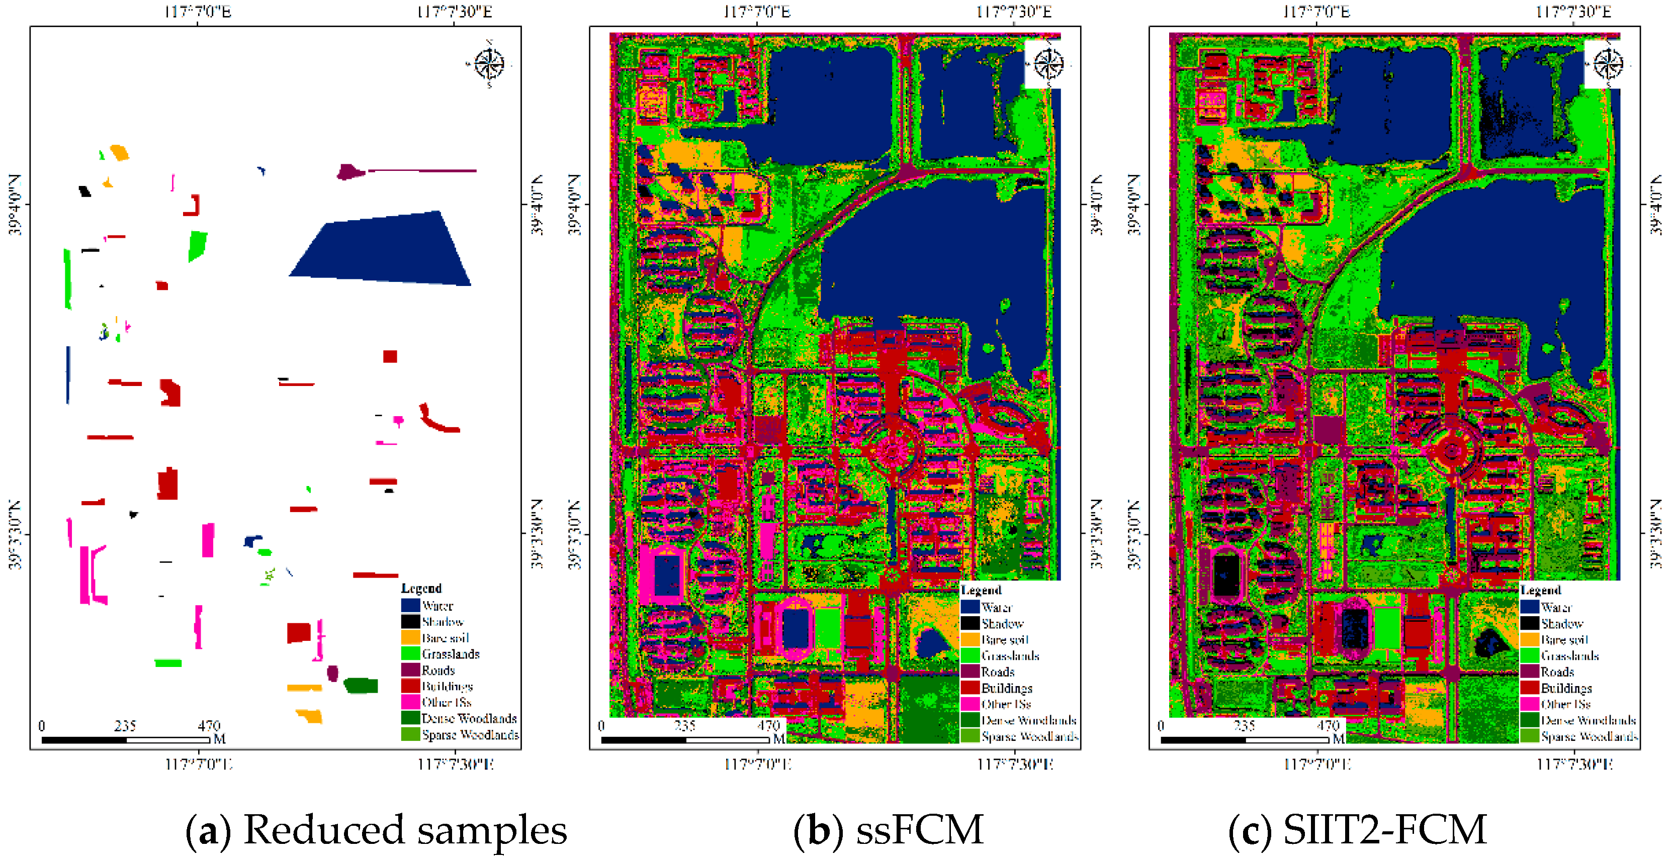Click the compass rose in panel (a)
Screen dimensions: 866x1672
(x=489, y=63)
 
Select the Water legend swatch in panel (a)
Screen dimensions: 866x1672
(x=410, y=605)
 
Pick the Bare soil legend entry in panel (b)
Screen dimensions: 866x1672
(x=1004, y=640)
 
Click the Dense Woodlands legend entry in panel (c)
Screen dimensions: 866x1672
(x=1588, y=720)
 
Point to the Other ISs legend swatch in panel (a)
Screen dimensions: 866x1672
(x=410, y=702)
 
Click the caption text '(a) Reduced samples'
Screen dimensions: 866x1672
(x=377, y=830)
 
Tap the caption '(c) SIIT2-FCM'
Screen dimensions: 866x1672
(x=1357, y=830)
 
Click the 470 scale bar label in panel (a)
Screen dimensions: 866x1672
(x=209, y=725)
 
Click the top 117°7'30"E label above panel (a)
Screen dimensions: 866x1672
(x=455, y=12)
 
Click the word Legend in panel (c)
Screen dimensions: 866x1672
(x=1540, y=590)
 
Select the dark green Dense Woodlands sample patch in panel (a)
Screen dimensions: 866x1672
(x=361, y=685)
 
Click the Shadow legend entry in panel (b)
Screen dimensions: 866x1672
(x=1002, y=623)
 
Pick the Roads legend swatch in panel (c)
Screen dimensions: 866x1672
(x=1529, y=671)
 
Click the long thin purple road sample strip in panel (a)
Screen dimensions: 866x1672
(x=422, y=170)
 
